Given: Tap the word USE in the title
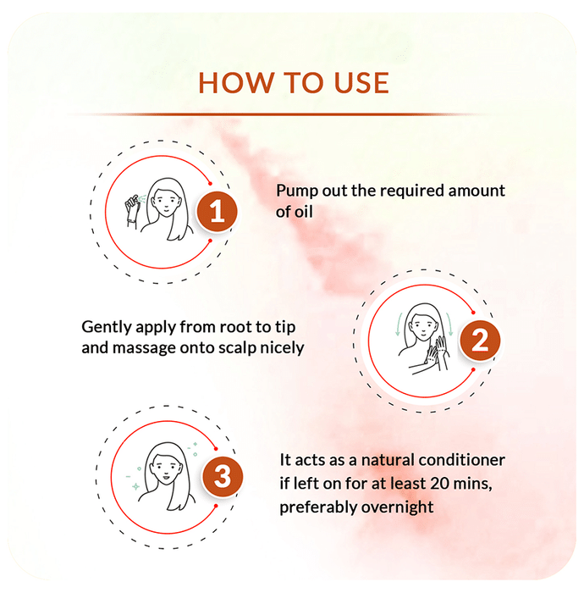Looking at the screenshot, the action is (x=361, y=83).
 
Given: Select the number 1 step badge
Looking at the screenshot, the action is (x=217, y=211).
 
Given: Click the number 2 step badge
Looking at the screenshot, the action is (x=480, y=341).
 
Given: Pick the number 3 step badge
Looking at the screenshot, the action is (x=222, y=476).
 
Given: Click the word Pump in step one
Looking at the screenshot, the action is (x=297, y=191).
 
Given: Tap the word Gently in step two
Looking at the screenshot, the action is (x=106, y=328).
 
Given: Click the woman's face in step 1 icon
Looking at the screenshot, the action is (x=165, y=203).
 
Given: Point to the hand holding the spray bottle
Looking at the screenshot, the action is (x=133, y=212).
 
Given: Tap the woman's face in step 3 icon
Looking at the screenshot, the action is (x=167, y=468).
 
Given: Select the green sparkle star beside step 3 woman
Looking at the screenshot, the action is (x=135, y=486).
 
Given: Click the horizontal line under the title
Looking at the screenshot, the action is (x=278, y=114).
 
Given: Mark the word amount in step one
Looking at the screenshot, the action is (x=477, y=191).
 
